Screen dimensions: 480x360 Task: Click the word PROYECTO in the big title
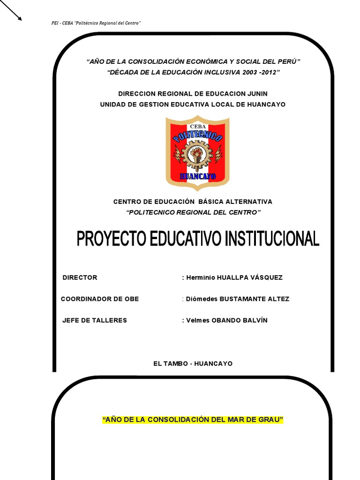pyautogui.click(x=112, y=239)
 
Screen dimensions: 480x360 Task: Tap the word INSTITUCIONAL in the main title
pyautogui.click(x=272, y=239)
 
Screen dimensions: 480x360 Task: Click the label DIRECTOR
pyautogui.click(x=80, y=277)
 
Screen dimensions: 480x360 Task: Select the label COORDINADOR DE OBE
pyautogui.click(x=100, y=299)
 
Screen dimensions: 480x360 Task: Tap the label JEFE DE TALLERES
pyautogui.click(x=95, y=321)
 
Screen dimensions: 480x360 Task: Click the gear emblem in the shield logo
pyautogui.click(x=197, y=155)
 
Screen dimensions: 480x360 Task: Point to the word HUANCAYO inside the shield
pyautogui.click(x=197, y=177)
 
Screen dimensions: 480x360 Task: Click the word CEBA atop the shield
pyautogui.click(x=197, y=127)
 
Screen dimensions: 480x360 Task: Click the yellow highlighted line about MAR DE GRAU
pyautogui.click(x=193, y=420)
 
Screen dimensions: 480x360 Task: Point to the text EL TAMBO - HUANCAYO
pyautogui.click(x=193, y=364)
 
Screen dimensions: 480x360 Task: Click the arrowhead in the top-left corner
pyautogui.click(x=20, y=18)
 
